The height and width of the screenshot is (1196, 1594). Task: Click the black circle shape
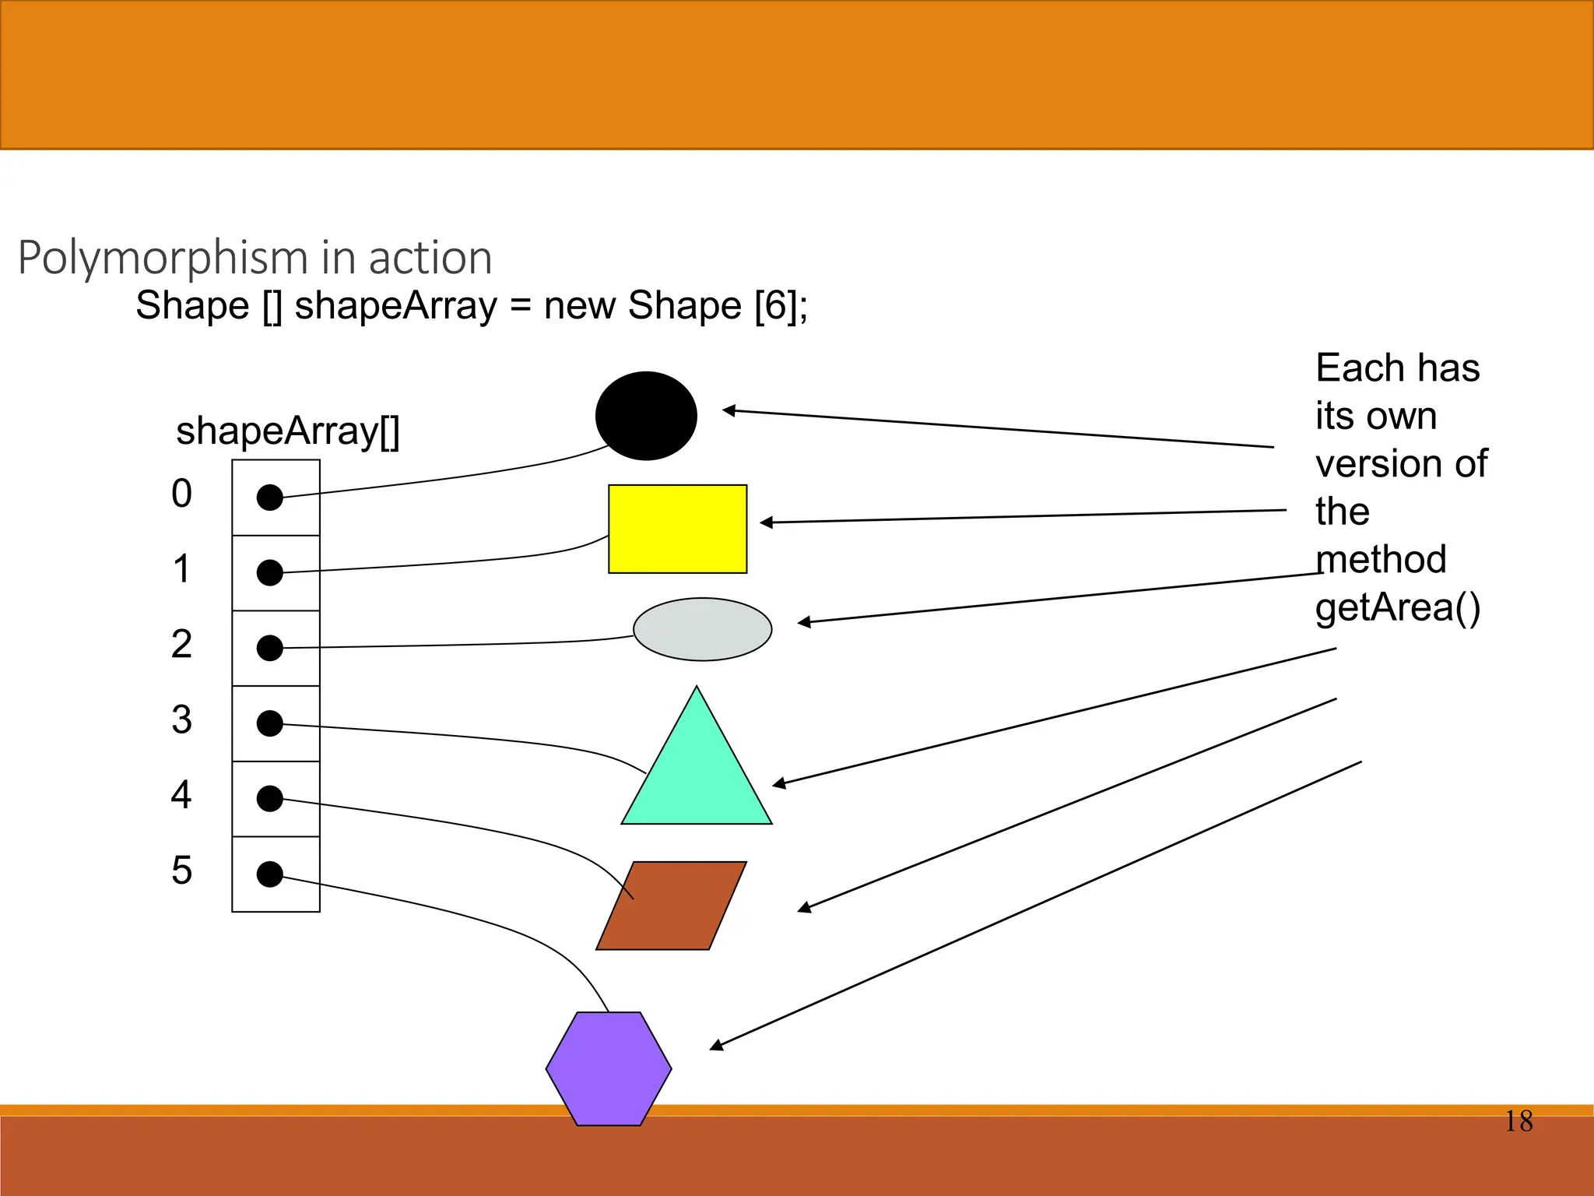coord(646,415)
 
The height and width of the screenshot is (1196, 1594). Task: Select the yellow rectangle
coord(677,529)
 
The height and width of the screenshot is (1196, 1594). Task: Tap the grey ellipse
coord(702,629)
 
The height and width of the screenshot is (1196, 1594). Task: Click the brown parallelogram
coord(671,906)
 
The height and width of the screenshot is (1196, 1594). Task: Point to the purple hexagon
coord(609,1068)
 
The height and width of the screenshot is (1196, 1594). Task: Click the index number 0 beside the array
coord(181,494)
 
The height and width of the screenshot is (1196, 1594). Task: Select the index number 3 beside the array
coord(181,719)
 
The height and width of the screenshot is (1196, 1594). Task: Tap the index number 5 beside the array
coord(181,871)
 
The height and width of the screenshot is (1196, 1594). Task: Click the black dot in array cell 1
coord(269,572)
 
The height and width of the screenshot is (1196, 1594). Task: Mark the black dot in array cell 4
coord(269,798)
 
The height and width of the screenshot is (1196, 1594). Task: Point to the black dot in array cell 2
coord(269,648)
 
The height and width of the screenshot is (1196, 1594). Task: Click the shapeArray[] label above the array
coord(287,431)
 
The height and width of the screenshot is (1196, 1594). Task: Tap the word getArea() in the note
coord(1397,607)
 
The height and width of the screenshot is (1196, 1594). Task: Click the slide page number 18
coord(1518,1121)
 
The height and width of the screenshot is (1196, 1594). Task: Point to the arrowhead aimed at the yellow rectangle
coord(766,522)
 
